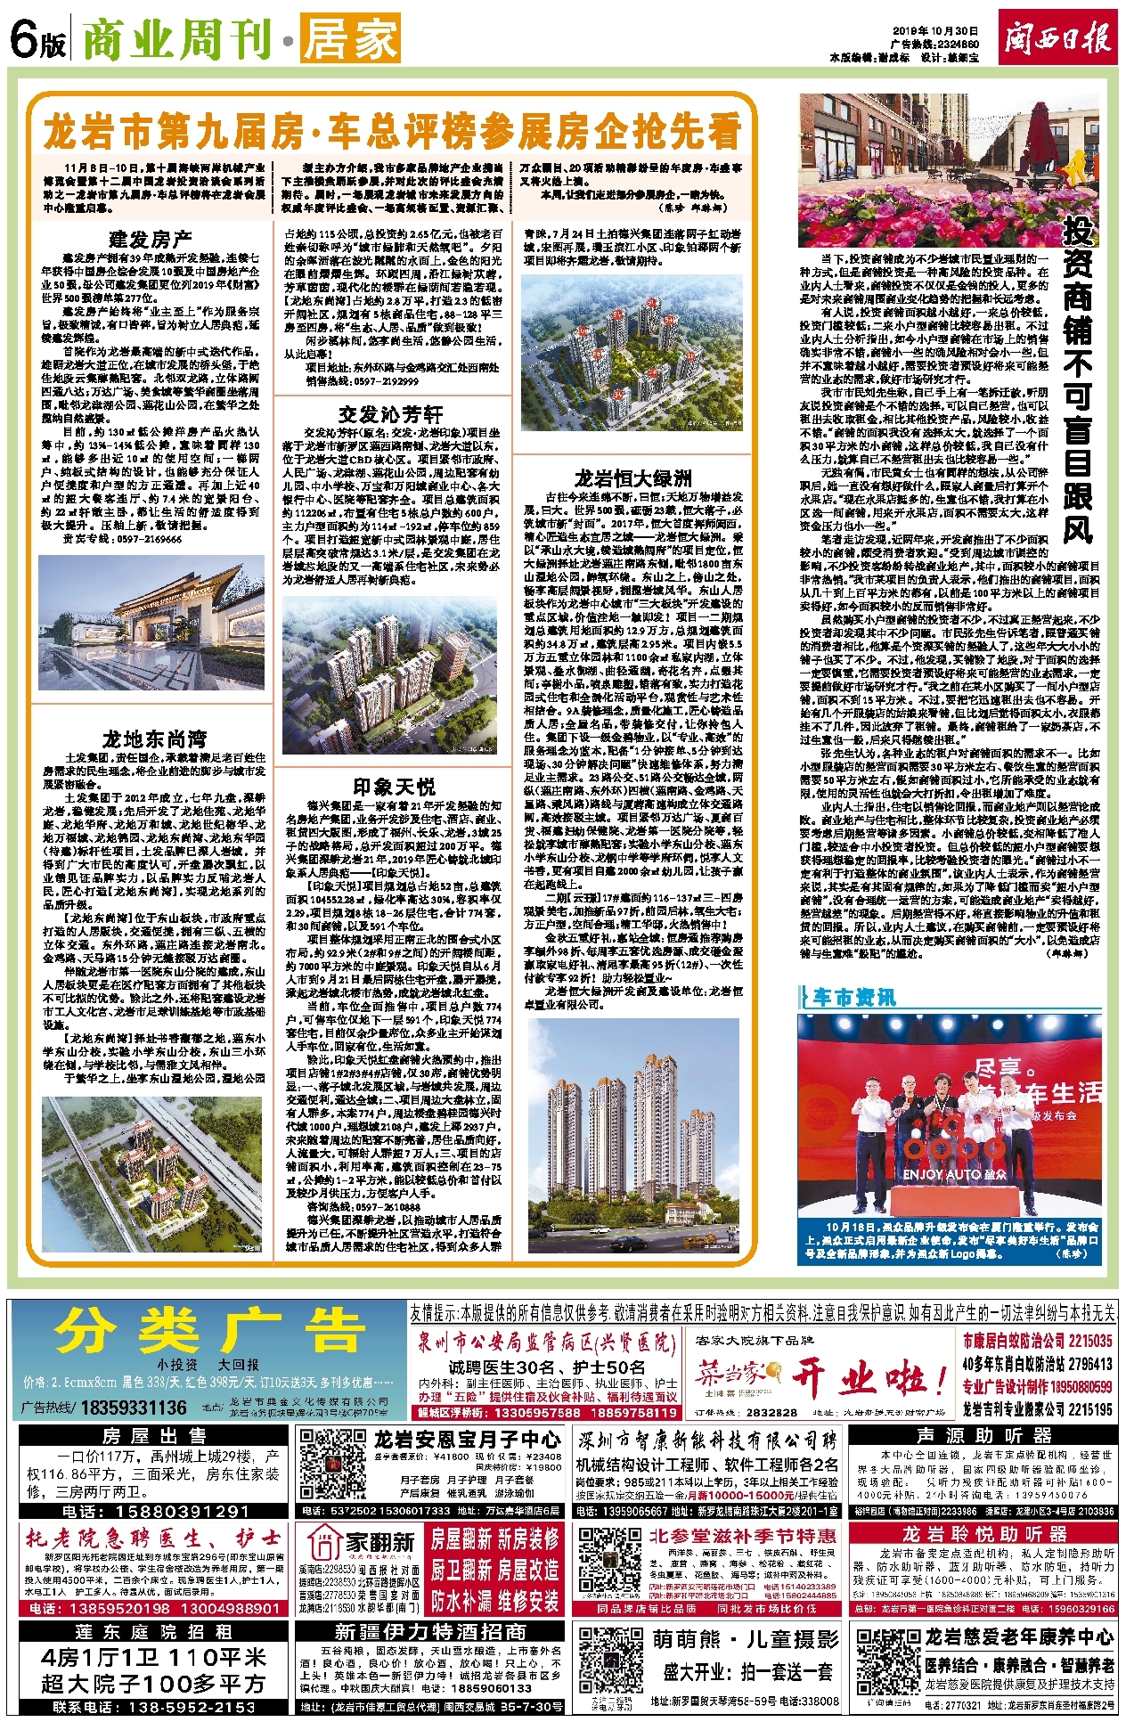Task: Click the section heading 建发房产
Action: (151, 239)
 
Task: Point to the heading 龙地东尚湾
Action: (154, 739)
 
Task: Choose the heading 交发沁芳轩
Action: (390, 414)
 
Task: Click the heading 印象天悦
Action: (394, 787)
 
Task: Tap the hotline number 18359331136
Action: (134, 1408)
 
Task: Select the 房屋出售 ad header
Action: (154, 1436)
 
